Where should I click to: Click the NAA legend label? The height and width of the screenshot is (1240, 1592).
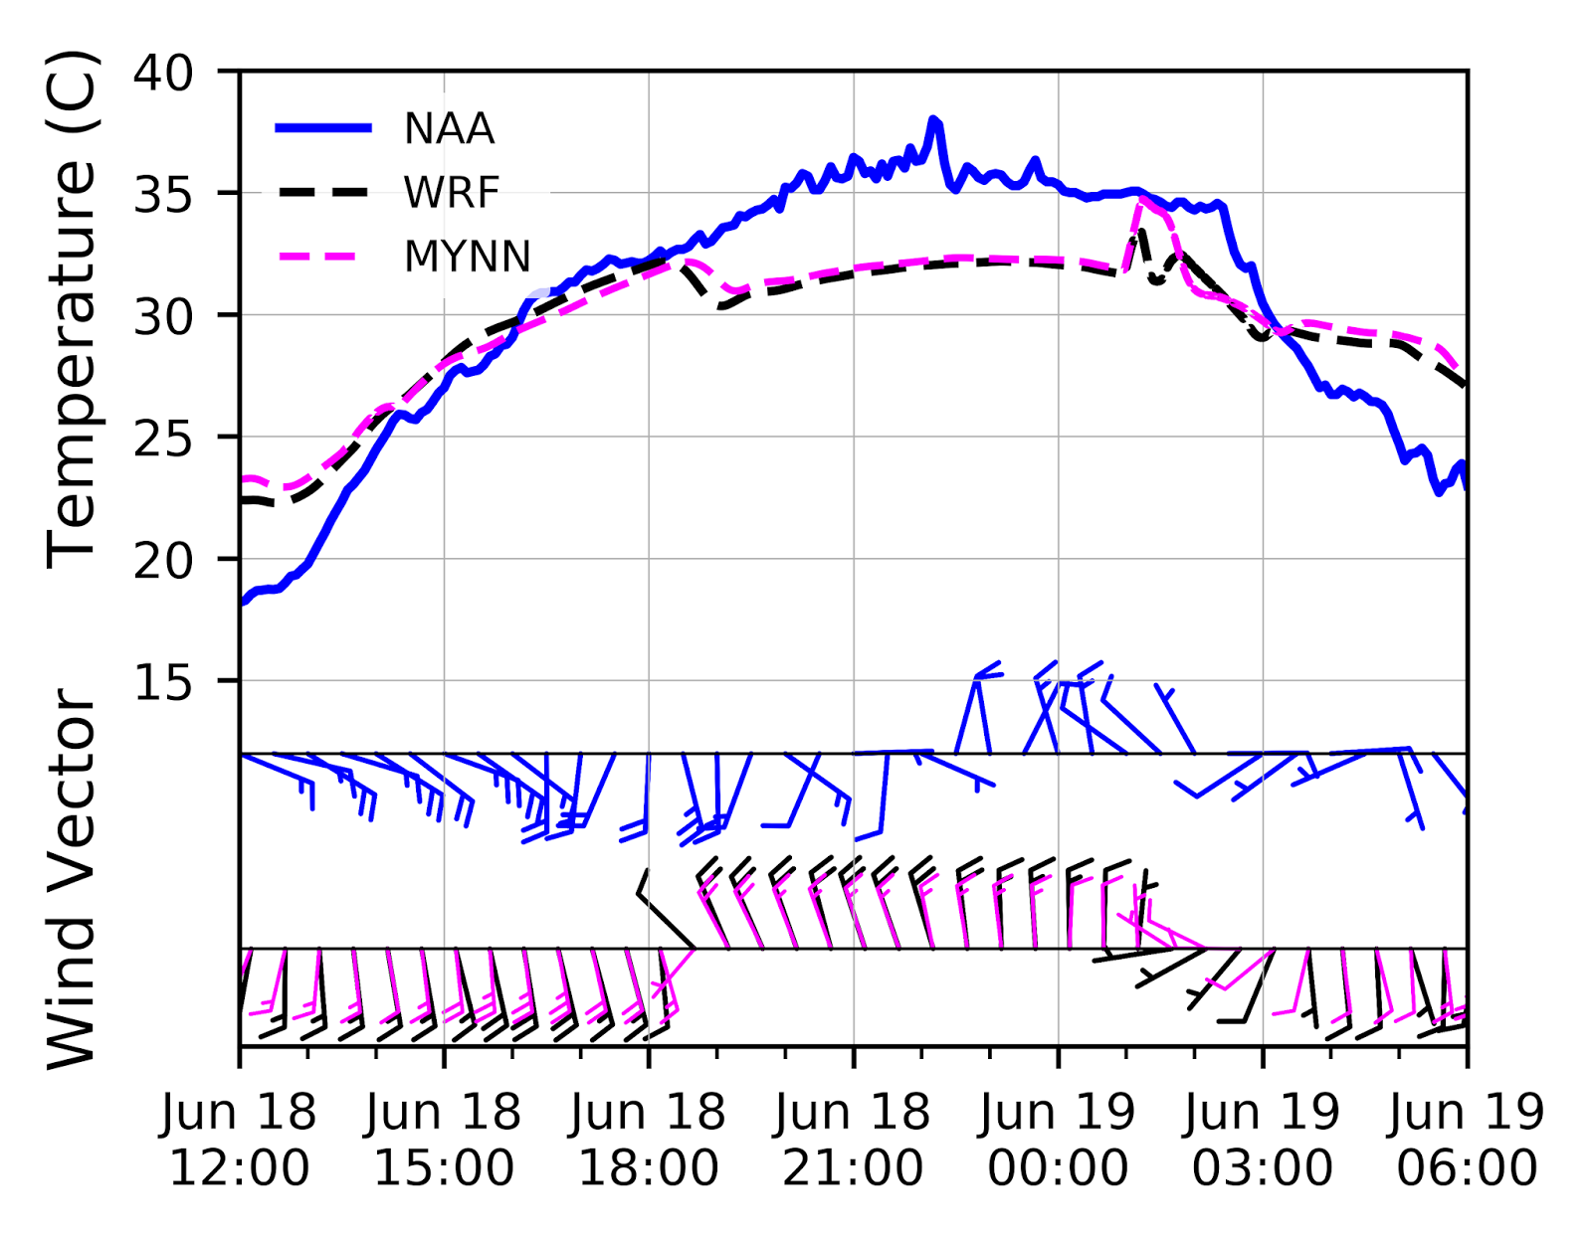[x=449, y=129]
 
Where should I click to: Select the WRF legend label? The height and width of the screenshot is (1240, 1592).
[x=451, y=193]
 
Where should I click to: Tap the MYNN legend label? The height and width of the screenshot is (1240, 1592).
[x=467, y=257]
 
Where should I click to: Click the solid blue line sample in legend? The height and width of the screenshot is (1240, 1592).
[x=323, y=128]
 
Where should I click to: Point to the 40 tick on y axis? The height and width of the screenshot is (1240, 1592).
[x=164, y=73]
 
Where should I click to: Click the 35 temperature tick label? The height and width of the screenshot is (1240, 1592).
[x=164, y=195]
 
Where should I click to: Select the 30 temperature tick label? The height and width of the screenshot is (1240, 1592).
[x=164, y=317]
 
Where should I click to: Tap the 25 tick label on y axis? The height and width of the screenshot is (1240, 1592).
[x=164, y=439]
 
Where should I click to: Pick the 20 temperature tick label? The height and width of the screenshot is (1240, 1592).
[x=164, y=561]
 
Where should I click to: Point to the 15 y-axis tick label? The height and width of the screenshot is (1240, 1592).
[x=164, y=683]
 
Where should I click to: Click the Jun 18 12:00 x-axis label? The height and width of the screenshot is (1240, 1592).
[x=239, y=1140]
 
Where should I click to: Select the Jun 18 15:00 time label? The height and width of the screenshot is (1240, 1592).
[x=444, y=1140]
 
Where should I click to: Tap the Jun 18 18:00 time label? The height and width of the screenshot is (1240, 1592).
[x=649, y=1140]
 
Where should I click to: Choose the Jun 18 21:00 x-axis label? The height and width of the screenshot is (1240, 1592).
[x=853, y=1140]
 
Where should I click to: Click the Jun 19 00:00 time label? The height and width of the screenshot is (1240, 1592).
[x=1058, y=1140]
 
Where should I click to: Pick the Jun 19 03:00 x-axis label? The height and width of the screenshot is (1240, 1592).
[x=1263, y=1140]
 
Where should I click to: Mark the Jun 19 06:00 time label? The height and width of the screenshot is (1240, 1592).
[x=1467, y=1140]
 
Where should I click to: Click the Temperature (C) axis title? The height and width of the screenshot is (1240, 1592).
[x=72, y=310]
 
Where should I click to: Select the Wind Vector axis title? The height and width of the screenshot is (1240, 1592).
[x=72, y=879]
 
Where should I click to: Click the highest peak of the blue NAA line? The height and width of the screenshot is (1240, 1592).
[x=933, y=120]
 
